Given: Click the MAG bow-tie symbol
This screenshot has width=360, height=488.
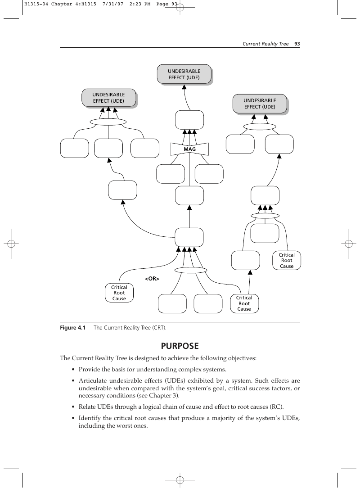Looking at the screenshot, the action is pos(189,149).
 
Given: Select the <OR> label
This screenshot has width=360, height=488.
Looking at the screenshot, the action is pos(152,279).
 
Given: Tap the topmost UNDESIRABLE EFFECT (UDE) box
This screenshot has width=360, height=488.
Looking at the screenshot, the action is pos(184,74).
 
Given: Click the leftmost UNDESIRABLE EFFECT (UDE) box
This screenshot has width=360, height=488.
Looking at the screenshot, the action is pos(109,98).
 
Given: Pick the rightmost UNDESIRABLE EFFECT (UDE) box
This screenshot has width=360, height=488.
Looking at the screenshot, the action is pos(260,104).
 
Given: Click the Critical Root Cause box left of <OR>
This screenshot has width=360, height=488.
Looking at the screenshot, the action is pos(119,293).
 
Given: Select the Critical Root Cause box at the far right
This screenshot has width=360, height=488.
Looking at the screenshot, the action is pos(287,260).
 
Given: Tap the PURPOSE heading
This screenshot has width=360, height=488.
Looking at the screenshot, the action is pos(180,346).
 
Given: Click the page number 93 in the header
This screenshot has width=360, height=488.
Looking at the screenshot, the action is pos(297,44).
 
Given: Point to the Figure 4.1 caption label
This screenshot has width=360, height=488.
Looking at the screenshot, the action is pos(72,328).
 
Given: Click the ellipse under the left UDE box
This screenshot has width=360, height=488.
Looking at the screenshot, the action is pos(108,122).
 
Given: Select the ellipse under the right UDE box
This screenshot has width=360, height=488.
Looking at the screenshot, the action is pos(260,127).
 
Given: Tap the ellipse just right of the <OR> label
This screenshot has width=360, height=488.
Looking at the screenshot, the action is pos(191,270).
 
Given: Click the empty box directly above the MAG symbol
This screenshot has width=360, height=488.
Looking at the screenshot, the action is pos(189,120).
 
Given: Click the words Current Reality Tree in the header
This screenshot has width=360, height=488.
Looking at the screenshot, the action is pos(265,44).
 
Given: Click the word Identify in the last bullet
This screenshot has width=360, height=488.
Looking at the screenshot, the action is pos(90,418).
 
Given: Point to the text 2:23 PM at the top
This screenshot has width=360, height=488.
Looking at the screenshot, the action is pos(139,4).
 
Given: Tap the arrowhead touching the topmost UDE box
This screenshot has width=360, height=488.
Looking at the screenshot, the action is pos(184,87).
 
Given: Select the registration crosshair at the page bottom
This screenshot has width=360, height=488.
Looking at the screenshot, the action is pos(180,479).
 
